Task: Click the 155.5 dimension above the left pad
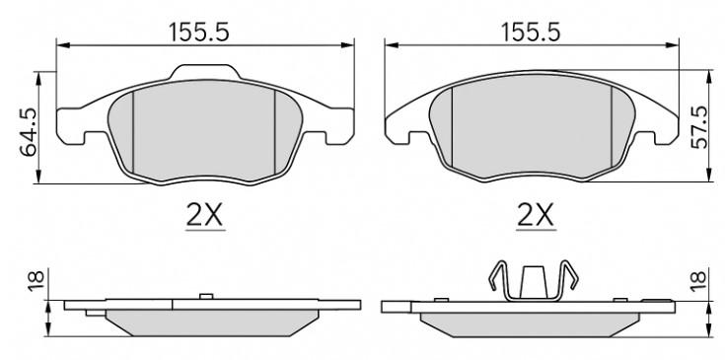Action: pyautogui.click(x=199, y=33)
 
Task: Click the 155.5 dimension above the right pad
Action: pyautogui.click(x=531, y=33)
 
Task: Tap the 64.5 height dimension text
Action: pyautogui.click(x=29, y=133)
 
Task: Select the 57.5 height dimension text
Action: pyautogui.click(x=698, y=127)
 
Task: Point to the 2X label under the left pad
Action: pyautogui.click(x=205, y=215)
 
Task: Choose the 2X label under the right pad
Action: pyautogui.click(x=536, y=215)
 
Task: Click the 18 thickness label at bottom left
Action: pyautogui.click(x=36, y=280)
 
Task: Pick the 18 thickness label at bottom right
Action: pyautogui.click(x=698, y=280)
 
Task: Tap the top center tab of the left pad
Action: pyautogui.click(x=205, y=72)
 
